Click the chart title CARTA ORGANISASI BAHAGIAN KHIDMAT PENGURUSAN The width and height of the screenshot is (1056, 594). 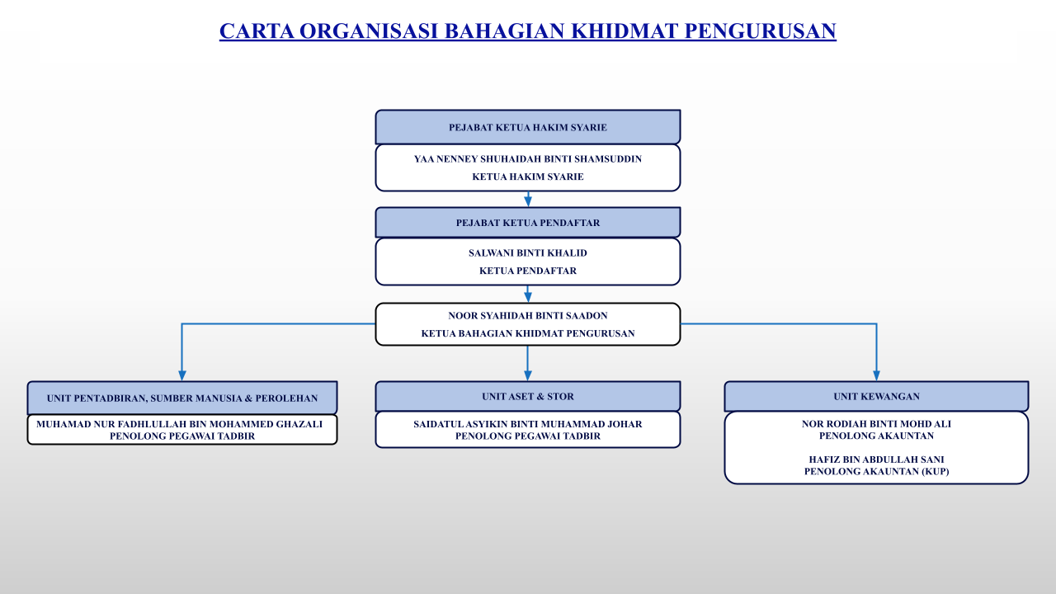pos(528,31)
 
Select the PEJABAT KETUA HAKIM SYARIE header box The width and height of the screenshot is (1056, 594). pos(528,127)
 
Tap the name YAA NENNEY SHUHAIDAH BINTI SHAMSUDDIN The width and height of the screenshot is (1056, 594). pos(528,158)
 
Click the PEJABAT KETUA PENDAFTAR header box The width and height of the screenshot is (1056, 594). pos(528,223)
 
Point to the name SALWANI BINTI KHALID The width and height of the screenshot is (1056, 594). pos(528,253)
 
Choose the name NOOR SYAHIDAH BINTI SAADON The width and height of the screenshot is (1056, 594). pos(528,315)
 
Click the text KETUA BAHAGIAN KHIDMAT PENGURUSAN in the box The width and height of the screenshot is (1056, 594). pos(528,333)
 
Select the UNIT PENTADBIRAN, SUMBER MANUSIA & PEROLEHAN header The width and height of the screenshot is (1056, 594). pos(182,398)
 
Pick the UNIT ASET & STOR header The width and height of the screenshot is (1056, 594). pos(528,396)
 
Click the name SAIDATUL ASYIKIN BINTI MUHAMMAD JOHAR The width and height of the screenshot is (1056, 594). pos(528,424)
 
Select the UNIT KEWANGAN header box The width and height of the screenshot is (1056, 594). pos(876,396)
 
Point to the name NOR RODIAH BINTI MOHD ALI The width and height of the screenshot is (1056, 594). pos(876,424)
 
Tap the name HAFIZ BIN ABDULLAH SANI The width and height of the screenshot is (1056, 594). pos(876,459)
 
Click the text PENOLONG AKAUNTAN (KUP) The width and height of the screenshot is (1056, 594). pos(876,471)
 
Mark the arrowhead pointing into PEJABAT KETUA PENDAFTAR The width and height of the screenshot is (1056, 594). pos(528,201)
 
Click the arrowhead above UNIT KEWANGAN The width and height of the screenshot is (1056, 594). pos(876,375)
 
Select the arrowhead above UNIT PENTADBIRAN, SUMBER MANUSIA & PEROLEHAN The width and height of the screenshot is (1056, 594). pos(182,375)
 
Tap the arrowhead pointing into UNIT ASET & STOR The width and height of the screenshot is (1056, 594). pos(528,375)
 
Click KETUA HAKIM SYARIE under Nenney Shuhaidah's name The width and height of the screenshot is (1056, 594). pos(528,177)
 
